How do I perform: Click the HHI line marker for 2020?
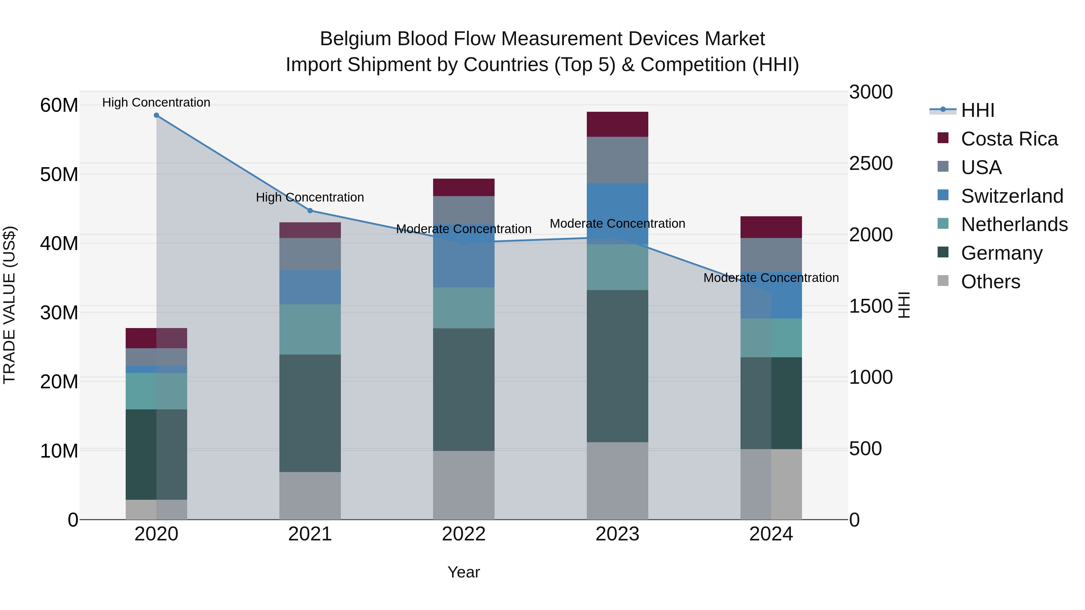(x=156, y=115)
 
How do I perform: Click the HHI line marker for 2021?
(x=310, y=211)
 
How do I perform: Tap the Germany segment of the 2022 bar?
(x=464, y=389)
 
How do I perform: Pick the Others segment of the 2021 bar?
(x=310, y=496)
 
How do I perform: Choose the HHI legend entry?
(x=977, y=110)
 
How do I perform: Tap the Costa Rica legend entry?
(x=1009, y=139)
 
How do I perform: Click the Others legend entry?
(x=990, y=282)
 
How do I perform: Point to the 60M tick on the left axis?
(x=59, y=105)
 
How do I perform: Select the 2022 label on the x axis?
(x=464, y=534)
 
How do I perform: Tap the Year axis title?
(x=464, y=572)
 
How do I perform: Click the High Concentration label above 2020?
(x=156, y=102)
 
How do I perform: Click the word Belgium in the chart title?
(x=356, y=39)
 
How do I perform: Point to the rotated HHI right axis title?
(x=904, y=305)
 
